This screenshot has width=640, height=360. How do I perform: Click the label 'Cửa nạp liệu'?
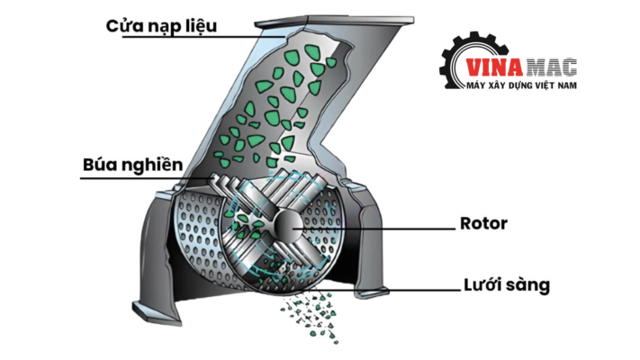tap(161, 26)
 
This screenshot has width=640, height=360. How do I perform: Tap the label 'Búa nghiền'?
tap(132, 165)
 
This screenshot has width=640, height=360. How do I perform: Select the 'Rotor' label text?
tap(483, 223)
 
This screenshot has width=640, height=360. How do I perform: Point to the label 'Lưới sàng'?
tap(507, 285)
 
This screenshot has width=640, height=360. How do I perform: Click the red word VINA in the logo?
tap(494, 67)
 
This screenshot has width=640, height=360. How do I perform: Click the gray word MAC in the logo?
tap(552, 67)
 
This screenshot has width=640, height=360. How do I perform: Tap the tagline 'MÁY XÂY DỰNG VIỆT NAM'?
tap(522, 85)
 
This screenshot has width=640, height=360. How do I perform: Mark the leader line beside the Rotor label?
tap(374, 229)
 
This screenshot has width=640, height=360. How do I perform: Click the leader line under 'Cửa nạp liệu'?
tap(203, 37)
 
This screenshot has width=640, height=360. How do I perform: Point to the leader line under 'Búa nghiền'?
tap(146, 178)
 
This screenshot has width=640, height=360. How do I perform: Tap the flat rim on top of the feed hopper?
tap(334, 21)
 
